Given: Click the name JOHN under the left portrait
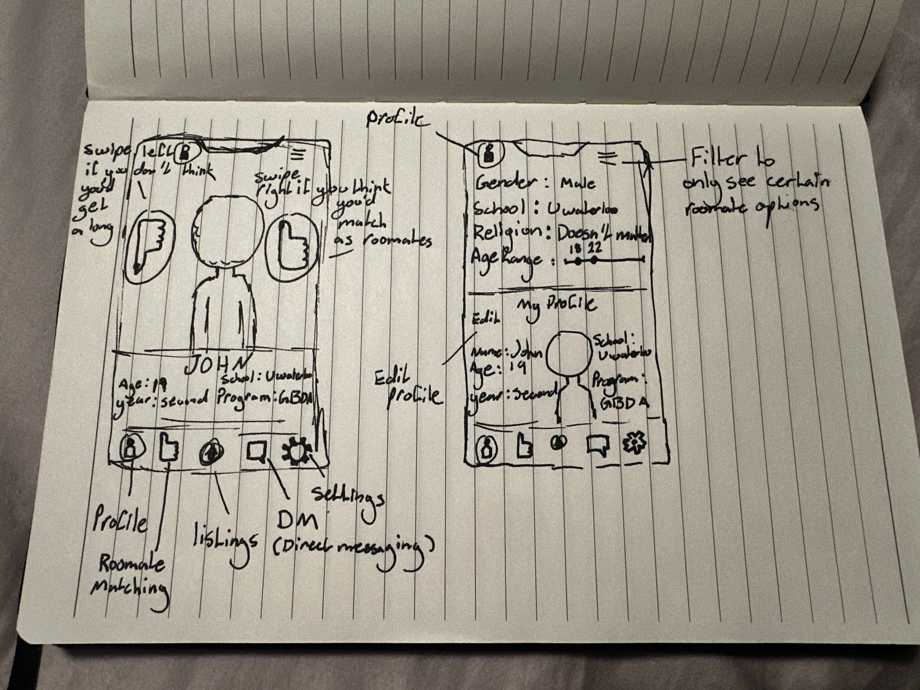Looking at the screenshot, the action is [216, 366].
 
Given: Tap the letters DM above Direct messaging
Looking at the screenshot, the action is [297, 521].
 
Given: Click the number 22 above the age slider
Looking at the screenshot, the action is [596, 248].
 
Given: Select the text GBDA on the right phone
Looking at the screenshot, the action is [625, 403].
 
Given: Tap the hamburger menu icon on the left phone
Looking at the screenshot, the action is [296, 155].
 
